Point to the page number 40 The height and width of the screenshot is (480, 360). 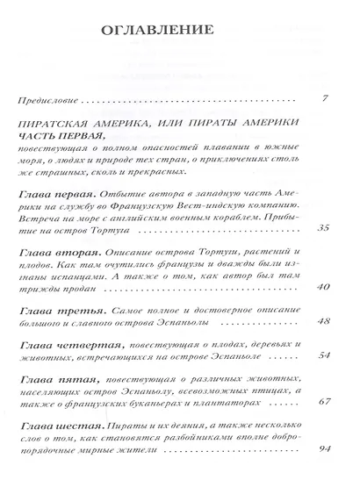pos(322,287)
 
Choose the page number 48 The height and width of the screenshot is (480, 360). pos(322,320)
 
